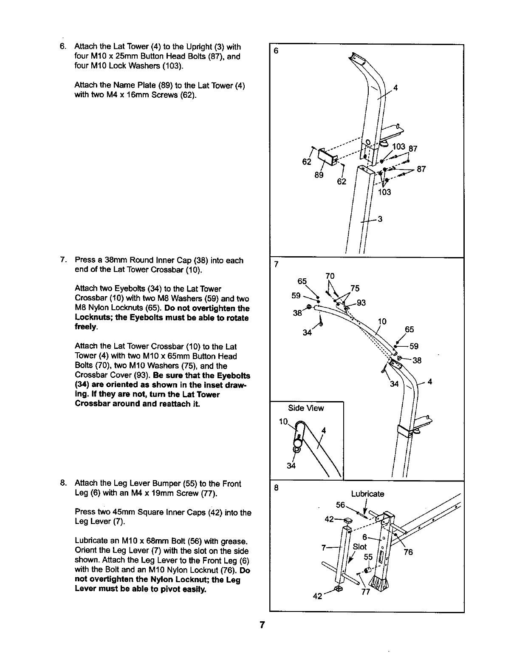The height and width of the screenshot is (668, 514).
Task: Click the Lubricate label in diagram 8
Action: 367,494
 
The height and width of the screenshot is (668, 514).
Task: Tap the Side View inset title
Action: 306,408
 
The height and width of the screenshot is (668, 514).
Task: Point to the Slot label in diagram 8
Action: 359,546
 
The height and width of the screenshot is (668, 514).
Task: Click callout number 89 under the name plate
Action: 319,175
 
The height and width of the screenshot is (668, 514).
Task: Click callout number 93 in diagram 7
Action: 361,303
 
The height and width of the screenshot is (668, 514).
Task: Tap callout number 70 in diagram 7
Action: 330,276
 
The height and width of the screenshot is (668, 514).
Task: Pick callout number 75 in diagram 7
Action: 355,289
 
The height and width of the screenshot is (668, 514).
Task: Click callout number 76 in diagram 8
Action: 408,552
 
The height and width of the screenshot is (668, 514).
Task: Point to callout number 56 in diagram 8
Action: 341,504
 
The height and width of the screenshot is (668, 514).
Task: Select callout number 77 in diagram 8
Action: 365,592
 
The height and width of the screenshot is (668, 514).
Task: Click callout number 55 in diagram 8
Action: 368,557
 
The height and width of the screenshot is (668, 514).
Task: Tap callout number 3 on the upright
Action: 380,219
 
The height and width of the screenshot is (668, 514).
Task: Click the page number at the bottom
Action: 263,625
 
